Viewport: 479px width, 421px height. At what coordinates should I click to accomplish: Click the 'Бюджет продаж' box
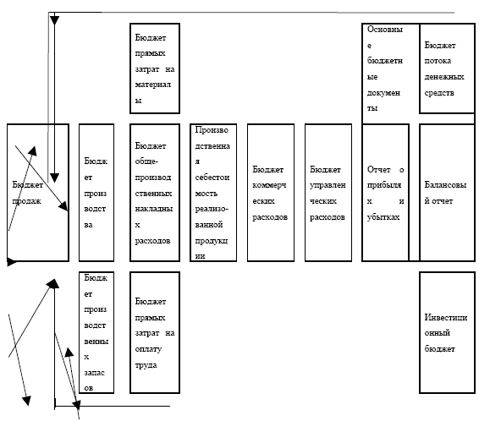(x=38, y=193)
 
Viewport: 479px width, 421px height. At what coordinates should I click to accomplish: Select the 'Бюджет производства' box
(x=96, y=193)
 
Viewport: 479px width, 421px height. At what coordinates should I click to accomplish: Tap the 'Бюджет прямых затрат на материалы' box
(x=155, y=68)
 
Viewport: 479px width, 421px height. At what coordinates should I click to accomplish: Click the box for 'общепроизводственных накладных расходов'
(x=155, y=193)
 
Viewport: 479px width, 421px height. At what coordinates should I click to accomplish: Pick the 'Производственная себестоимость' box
(x=213, y=193)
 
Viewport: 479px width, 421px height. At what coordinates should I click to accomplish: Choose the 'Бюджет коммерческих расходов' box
(x=271, y=193)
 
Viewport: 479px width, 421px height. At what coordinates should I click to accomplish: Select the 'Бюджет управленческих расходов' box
(x=328, y=193)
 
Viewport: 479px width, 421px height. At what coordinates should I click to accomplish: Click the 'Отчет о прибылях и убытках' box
(x=386, y=193)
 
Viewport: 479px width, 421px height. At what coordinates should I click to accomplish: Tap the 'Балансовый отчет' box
(x=447, y=193)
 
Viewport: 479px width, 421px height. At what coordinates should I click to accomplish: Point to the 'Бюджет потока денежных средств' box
(x=447, y=68)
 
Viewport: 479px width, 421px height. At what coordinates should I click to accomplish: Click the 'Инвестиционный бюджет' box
(x=447, y=332)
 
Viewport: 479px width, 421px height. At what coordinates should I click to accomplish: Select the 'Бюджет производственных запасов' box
(x=96, y=332)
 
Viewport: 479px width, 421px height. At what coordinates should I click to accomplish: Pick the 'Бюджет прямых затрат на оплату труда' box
(x=155, y=332)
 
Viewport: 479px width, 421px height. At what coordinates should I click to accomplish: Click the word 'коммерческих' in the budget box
(x=269, y=193)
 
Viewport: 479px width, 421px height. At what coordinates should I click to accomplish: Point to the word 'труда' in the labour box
(x=146, y=365)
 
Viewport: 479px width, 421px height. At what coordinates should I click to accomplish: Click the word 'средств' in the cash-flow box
(x=439, y=93)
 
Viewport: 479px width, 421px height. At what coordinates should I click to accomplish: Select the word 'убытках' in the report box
(x=383, y=217)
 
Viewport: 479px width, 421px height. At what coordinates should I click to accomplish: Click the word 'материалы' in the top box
(x=152, y=92)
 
